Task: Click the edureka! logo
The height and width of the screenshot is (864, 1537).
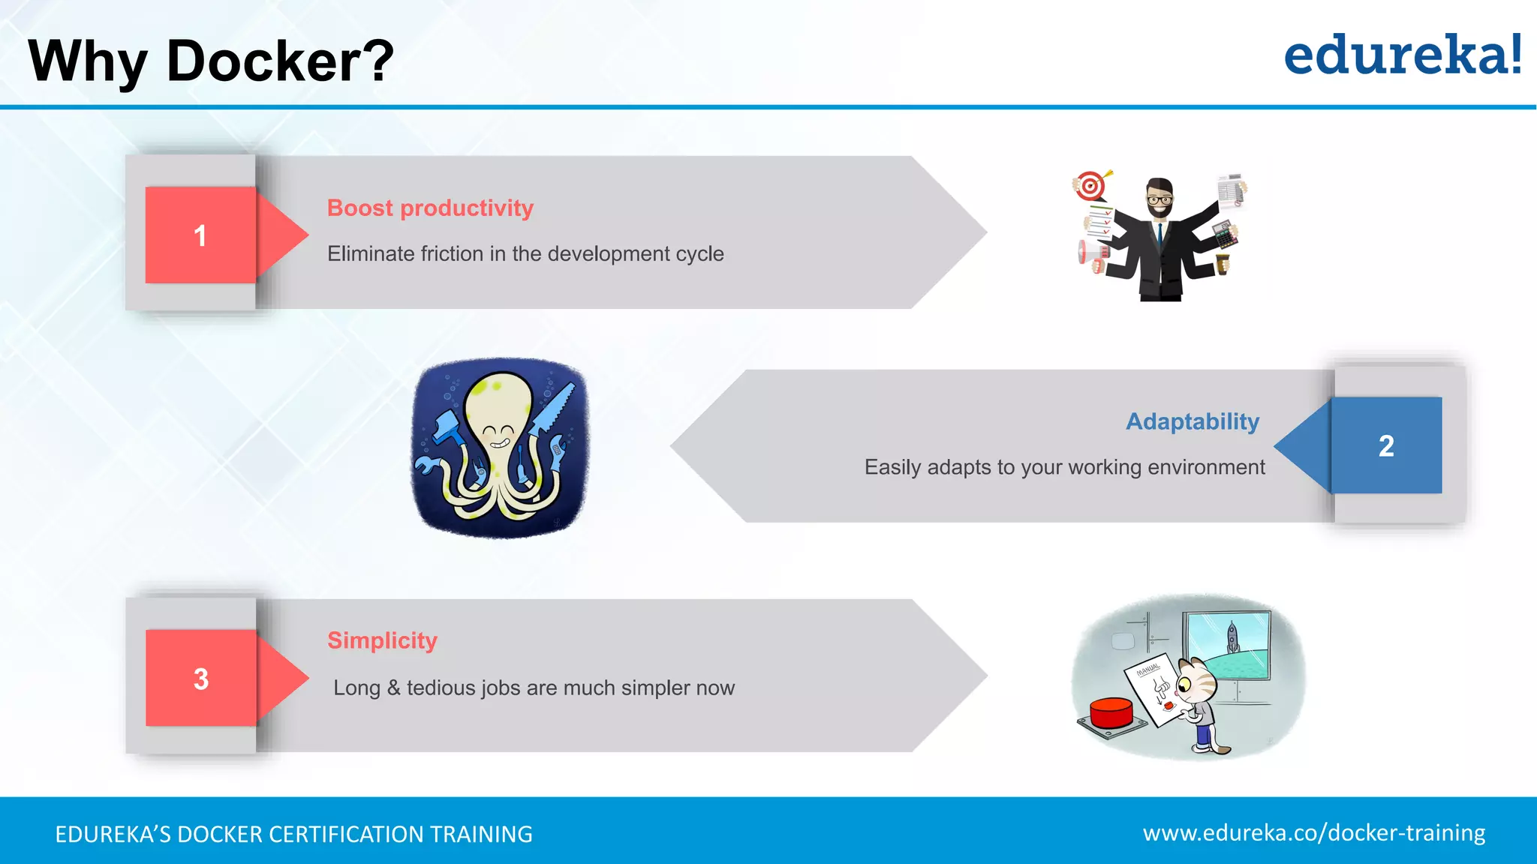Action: [1402, 56]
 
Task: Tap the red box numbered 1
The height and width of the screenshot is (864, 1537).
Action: [200, 235]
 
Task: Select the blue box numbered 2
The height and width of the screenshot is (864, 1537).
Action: [1386, 445]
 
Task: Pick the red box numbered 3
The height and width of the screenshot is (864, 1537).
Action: [200, 678]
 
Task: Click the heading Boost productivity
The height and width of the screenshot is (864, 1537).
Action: [430, 208]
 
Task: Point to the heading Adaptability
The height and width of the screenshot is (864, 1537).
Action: [1192, 421]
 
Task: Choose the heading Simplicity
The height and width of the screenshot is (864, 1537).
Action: [382, 640]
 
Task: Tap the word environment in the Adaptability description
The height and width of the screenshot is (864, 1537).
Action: [1205, 467]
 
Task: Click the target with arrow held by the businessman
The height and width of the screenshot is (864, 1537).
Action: [1090, 184]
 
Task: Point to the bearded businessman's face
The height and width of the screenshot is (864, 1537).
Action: [1160, 199]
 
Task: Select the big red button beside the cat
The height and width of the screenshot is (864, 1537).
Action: [1111, 713]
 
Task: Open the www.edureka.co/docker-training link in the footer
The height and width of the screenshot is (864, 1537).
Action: [1313, 833]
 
